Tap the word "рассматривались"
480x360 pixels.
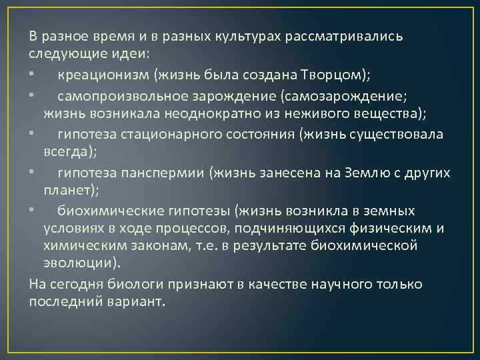pos(343,35)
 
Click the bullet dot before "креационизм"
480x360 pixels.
pos(31,72)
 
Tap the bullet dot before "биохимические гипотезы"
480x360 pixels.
pos(31,211)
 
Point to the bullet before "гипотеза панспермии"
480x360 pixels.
pos(31,173)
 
